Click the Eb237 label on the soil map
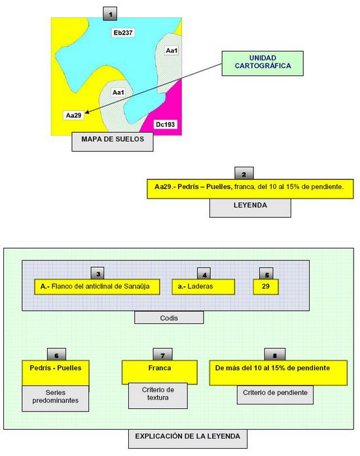click(x=123, y=33)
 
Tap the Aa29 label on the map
click(x=73, y=115)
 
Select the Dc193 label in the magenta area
click(x=166, y=124)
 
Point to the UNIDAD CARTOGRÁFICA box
click(x=262, y=63)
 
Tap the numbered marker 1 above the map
click(x=110, y=14)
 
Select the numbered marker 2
click(x=244, y=173)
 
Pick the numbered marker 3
click(x=98, y=273)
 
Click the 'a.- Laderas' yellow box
click(x=204, y=287)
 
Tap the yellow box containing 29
click(x=266, y=287)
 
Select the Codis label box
click(x=169, y=317)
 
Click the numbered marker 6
click(x=56, y=355)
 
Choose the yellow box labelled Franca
click(x=160, y=372)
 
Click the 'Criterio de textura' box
click(x=158, y=396)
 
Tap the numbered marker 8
click(x=275, y=355)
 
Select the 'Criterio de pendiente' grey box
click(x=275, y=395)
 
